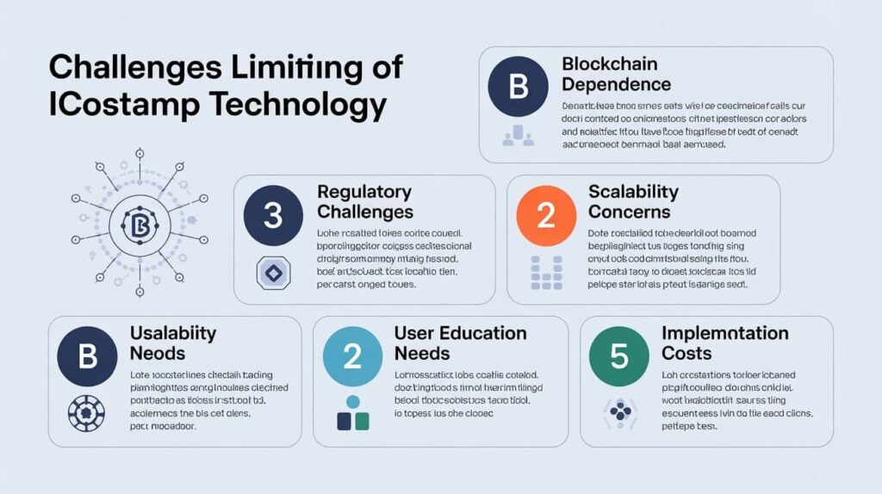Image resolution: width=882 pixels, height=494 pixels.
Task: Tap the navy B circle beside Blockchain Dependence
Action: [x=518, y=87]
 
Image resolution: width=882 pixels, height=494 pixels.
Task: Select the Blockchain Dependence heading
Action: [x=616, y=74]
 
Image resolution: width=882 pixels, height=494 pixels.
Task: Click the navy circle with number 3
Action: [x=272, y=215]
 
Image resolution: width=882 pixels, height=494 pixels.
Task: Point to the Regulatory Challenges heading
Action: [x=364, y=201]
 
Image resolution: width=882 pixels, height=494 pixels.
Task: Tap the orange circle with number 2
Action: [x=545, y=215]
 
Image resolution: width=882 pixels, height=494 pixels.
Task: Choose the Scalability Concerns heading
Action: [x=632, y=201]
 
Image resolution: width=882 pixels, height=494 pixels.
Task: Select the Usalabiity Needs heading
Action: [x=172, y=343]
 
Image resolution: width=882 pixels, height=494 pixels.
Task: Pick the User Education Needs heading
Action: [x=460, y=343]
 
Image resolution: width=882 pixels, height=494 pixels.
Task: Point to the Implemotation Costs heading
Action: [x=724, y=343]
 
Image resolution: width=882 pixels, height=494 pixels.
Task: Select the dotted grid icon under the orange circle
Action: [x=545, y=271]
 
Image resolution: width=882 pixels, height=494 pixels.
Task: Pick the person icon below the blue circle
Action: [x=351, y=413]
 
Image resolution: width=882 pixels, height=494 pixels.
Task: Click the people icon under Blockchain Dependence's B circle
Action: [x=518, y=134]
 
